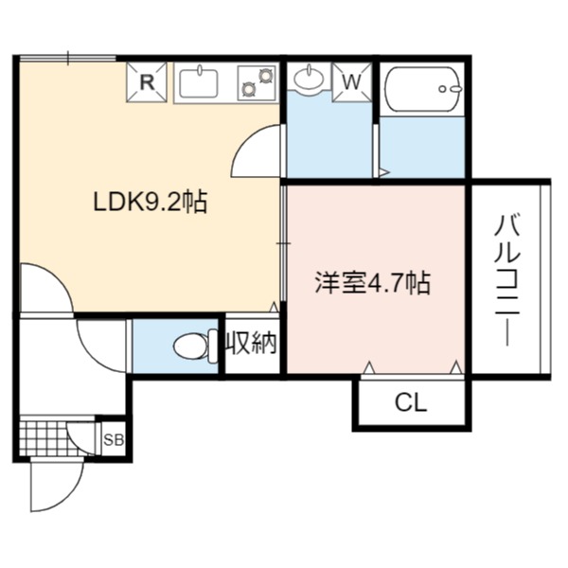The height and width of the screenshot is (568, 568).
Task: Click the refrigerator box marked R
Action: pyautogui.click(x=147, y=82)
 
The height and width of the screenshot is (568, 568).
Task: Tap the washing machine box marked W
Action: pyautogui.click(x=352, y=82)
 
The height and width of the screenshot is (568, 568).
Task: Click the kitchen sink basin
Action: pyautogui.click(x=199, y=83)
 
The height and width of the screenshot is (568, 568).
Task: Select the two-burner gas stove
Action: pyautogui.click(x=257, y=83)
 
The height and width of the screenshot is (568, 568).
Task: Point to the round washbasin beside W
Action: pyautogui.click(x=309, y=78)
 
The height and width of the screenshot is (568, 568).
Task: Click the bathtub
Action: pyautogui.click(x=422, y=89)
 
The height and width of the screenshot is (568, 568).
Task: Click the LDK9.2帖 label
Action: pyautogui.click(x=150, y=203)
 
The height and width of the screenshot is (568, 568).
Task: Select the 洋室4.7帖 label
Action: pyautogui.click(x=372, y=282)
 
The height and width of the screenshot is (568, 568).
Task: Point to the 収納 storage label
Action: pyautogui.click(x=252, y=343)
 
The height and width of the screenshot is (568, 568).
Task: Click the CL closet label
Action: pyautogui.click(x=411, y=403)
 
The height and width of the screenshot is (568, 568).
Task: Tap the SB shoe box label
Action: pyautogui.click(x=114, y=440)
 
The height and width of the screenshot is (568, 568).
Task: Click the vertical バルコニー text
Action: pyautogui.click(x=507, y=280)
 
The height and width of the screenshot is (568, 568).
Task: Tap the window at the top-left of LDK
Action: pyautogui.click(x=68, y=59)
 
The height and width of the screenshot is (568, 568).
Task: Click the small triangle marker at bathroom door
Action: pyautogui.click(x=383, y=172)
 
